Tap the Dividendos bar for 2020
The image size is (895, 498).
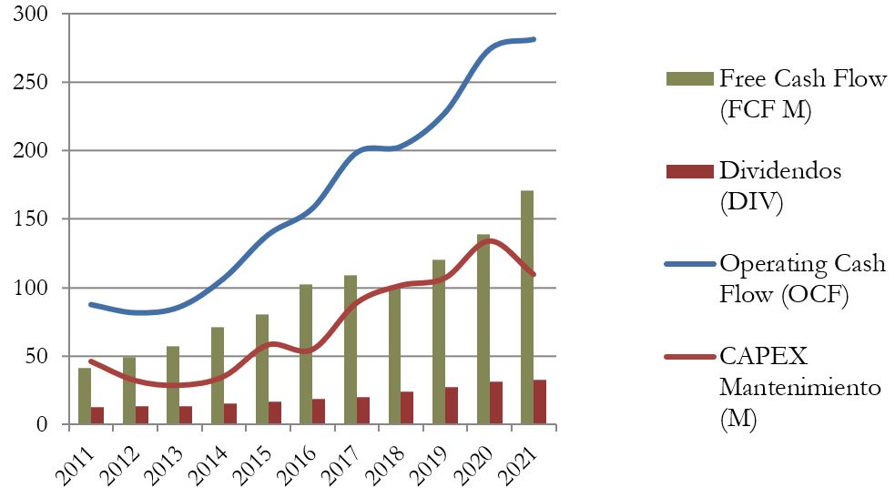(496, 402)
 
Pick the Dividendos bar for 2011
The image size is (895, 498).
(97, 415)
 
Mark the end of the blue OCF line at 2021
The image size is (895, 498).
(534, 39)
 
